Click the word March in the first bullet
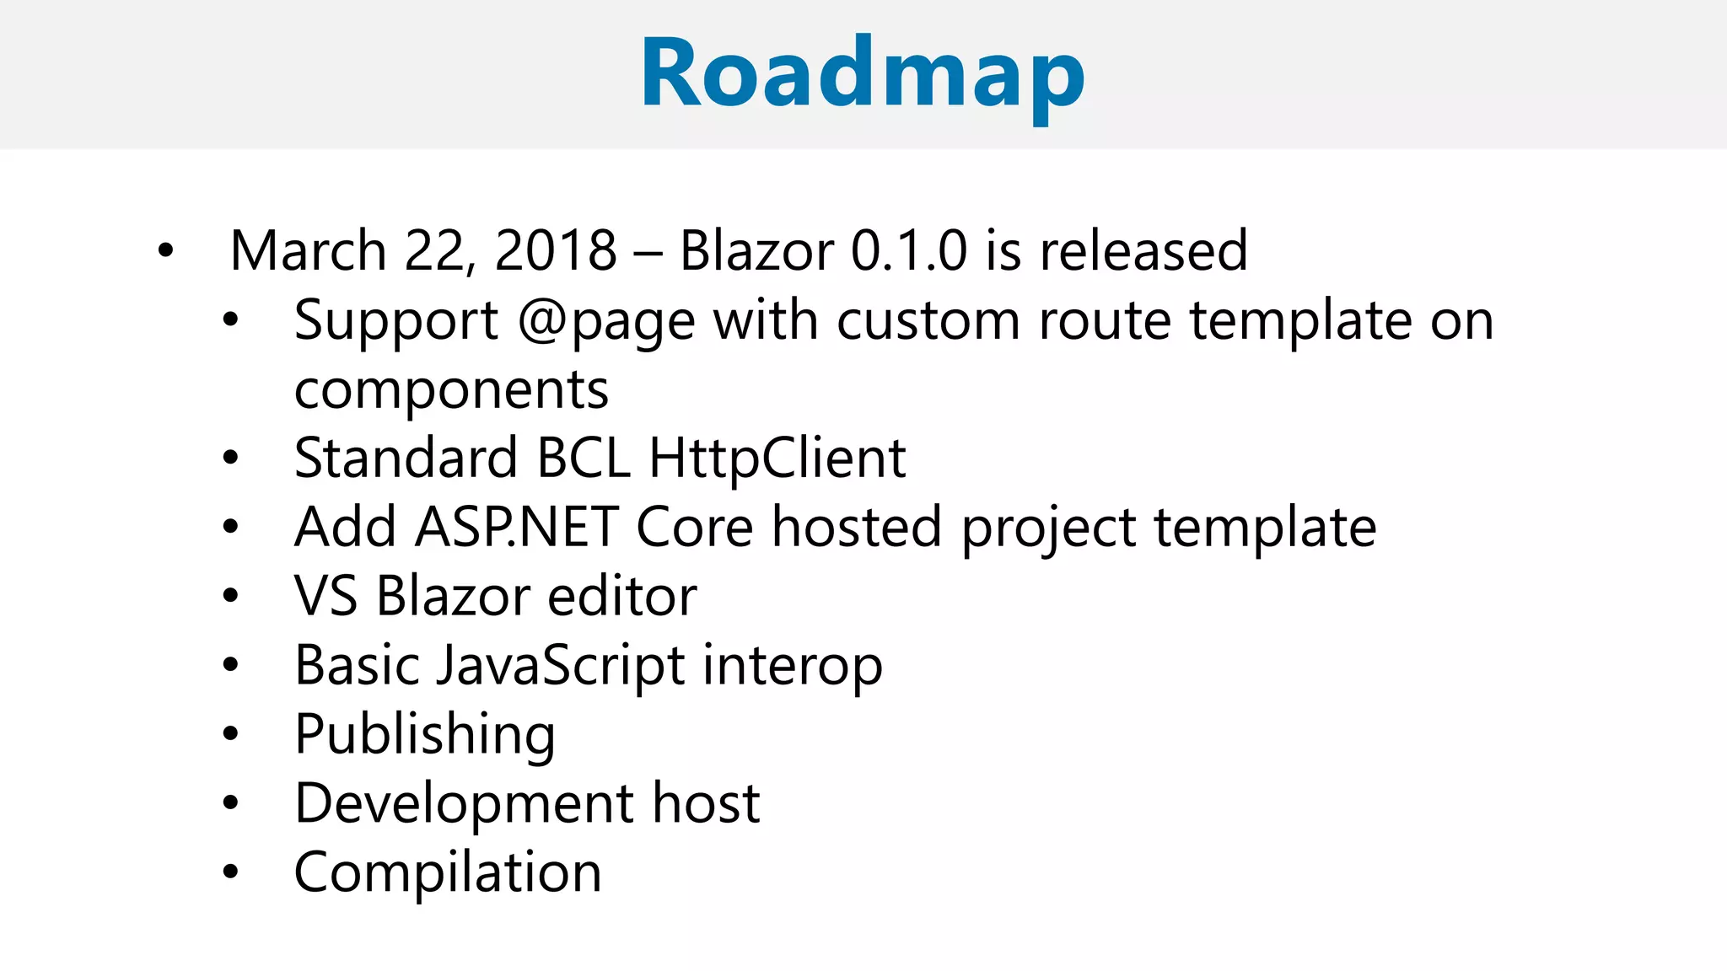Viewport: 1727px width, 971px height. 308,250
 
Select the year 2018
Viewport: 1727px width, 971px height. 556,250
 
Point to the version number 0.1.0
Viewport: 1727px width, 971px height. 908,250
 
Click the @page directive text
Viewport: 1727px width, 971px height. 606,321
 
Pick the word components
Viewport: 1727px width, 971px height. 451,389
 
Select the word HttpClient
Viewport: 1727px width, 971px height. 777,459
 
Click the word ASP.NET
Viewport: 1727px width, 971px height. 517,528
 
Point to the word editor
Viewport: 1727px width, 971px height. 621,596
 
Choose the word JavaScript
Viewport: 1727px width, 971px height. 560,665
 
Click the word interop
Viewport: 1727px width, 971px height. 792,665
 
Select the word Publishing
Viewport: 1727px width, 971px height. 424,734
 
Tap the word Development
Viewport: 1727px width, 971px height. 463,803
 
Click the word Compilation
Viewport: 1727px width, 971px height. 447,872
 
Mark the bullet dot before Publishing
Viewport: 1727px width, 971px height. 230,734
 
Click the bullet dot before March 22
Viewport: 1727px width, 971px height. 165,250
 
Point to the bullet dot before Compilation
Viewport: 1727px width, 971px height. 230,872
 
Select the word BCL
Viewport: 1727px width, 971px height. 583,459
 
